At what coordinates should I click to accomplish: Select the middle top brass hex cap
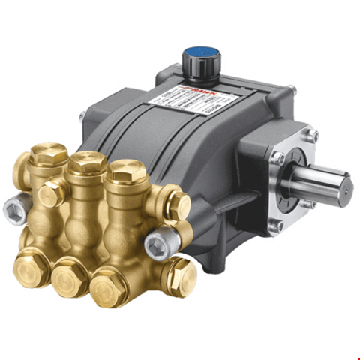pyautogui.click(x=87, y=161)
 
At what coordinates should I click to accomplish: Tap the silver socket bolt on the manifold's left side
pyautogui.click(x=13, y=208)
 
